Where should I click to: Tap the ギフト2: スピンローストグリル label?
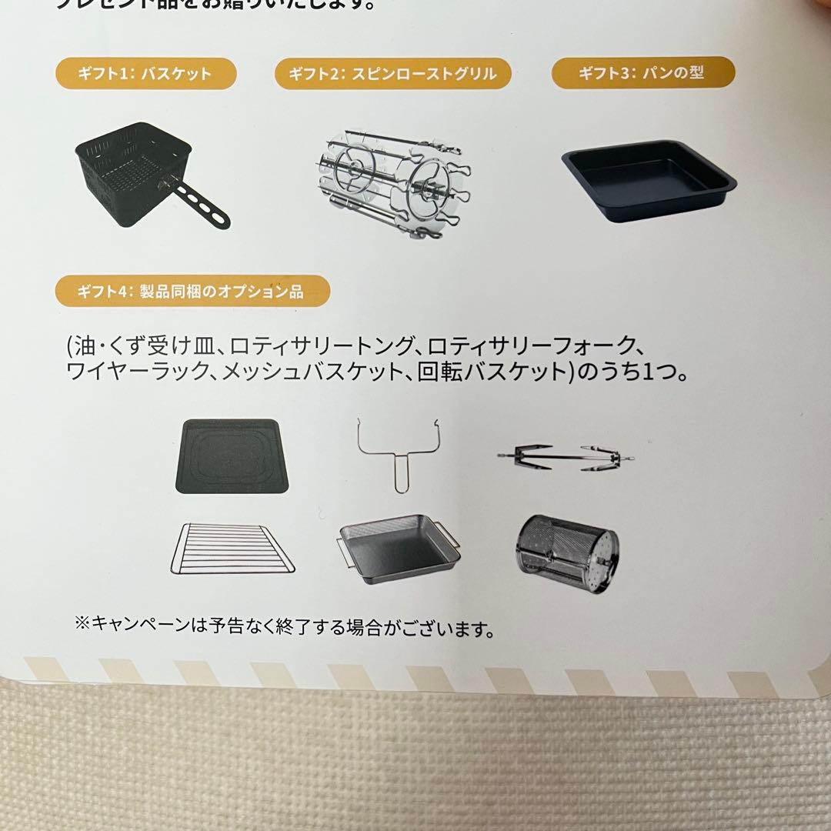point(392,75)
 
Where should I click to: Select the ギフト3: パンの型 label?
point(642,73)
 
